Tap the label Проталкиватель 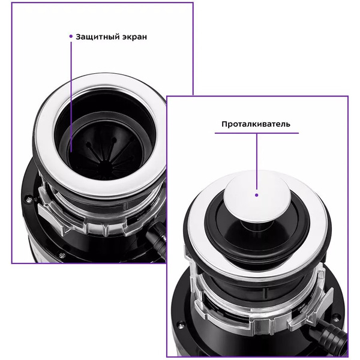[x=256, y=124]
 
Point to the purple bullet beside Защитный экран [x=71, y=36]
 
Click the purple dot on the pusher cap [x=257, y=195]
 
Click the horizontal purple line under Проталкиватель [x=257, y=133]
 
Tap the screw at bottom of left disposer [x=62, y=255]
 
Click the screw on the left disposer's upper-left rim [x=28, y=200]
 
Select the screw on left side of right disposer [x=181, y=325]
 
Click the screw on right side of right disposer [x=336, y=316]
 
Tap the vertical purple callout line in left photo [x=71, y=97]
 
